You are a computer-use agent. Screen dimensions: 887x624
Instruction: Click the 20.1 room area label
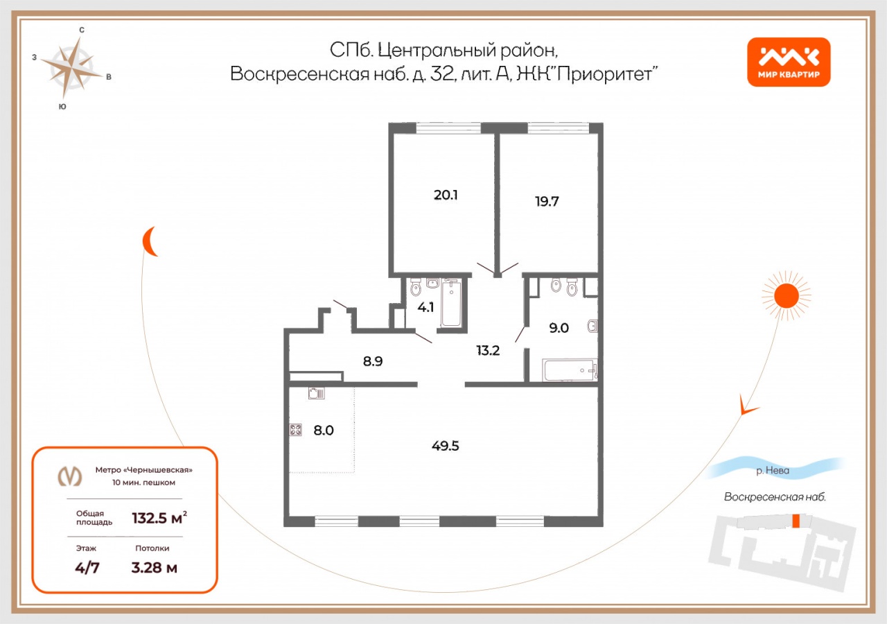point(446,195)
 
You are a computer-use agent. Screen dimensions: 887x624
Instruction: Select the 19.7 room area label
point(547,202)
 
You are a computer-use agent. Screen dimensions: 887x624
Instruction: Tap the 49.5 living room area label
point(446,446)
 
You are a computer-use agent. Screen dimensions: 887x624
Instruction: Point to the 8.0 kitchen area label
point(324,431)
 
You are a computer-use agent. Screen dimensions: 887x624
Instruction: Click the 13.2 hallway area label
point(488,351)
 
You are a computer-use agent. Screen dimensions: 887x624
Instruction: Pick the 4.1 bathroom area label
point(425,307)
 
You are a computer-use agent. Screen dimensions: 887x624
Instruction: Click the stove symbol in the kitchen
point(296,430)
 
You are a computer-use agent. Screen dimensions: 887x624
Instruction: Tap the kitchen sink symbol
point(317,393)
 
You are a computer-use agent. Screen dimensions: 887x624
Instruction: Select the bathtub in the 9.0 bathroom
point(570,370)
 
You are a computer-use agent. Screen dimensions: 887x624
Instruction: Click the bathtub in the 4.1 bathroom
point(451,303)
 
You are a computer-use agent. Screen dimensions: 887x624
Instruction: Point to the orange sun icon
point(787,295)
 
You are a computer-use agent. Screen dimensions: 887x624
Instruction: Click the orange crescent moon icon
point(150,242)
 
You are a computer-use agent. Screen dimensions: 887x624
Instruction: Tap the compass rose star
point(71,68)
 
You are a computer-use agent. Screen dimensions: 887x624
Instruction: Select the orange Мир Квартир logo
point(789,62)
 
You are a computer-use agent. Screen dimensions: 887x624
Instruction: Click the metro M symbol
point(70,476)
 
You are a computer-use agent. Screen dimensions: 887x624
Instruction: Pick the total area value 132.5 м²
point(159,518)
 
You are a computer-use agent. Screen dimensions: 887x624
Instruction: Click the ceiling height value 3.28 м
point(155,568)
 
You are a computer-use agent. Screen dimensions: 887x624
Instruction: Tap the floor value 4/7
point(87,568)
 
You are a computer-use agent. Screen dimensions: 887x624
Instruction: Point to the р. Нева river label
point(773,470)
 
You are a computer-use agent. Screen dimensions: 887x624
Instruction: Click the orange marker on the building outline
point(796,521)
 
